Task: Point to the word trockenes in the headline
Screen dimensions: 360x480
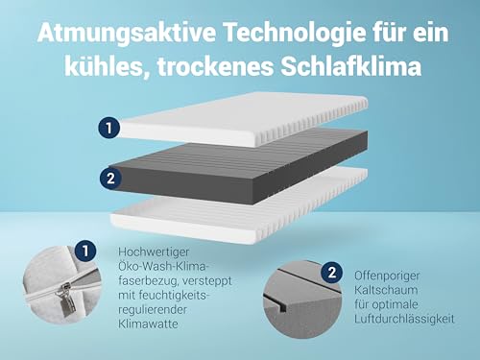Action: (x=226, y=65)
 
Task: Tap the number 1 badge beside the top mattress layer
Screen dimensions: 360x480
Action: (x=110, y=126)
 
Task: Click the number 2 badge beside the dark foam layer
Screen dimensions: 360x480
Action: (x=110, y=177)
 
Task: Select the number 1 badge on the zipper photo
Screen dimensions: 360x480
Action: (x=86, y=252)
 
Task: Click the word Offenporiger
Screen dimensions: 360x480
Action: (x=387, y=274)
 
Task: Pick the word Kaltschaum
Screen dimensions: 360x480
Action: (x=381, y=288)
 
